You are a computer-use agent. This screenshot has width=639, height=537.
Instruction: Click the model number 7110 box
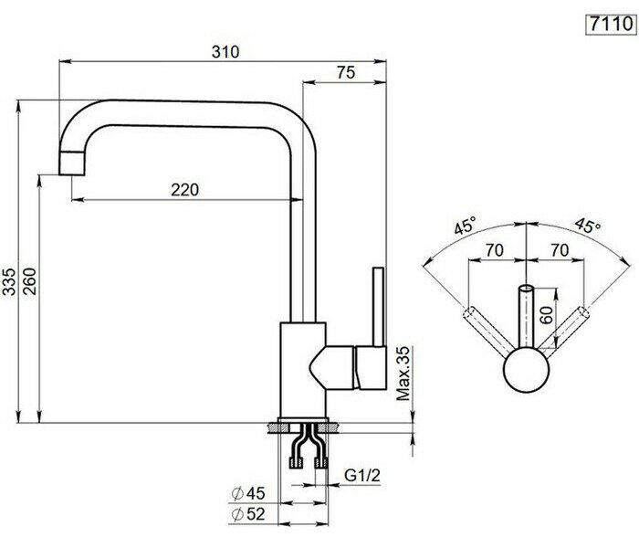click(x=610, y=25)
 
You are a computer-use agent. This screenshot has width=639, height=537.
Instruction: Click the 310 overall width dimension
click(x=225, y=52)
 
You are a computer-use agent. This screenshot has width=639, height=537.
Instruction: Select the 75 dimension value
click(x=346, y=72)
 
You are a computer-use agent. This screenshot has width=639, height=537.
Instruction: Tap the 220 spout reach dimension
click(x=185, y=190)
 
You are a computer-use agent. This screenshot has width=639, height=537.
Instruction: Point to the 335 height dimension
click(x=9, y=281)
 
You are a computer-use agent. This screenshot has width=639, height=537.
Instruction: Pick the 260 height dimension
click(x=30, y=281)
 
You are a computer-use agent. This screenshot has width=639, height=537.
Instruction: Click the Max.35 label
click(x=403, y=374)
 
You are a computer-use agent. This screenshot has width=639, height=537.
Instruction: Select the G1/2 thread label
click(x=362, y=475)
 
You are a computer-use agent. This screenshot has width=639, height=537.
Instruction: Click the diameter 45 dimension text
click(x=248, y=493)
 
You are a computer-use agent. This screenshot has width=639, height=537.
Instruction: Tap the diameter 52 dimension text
click(x=248, y=514)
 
